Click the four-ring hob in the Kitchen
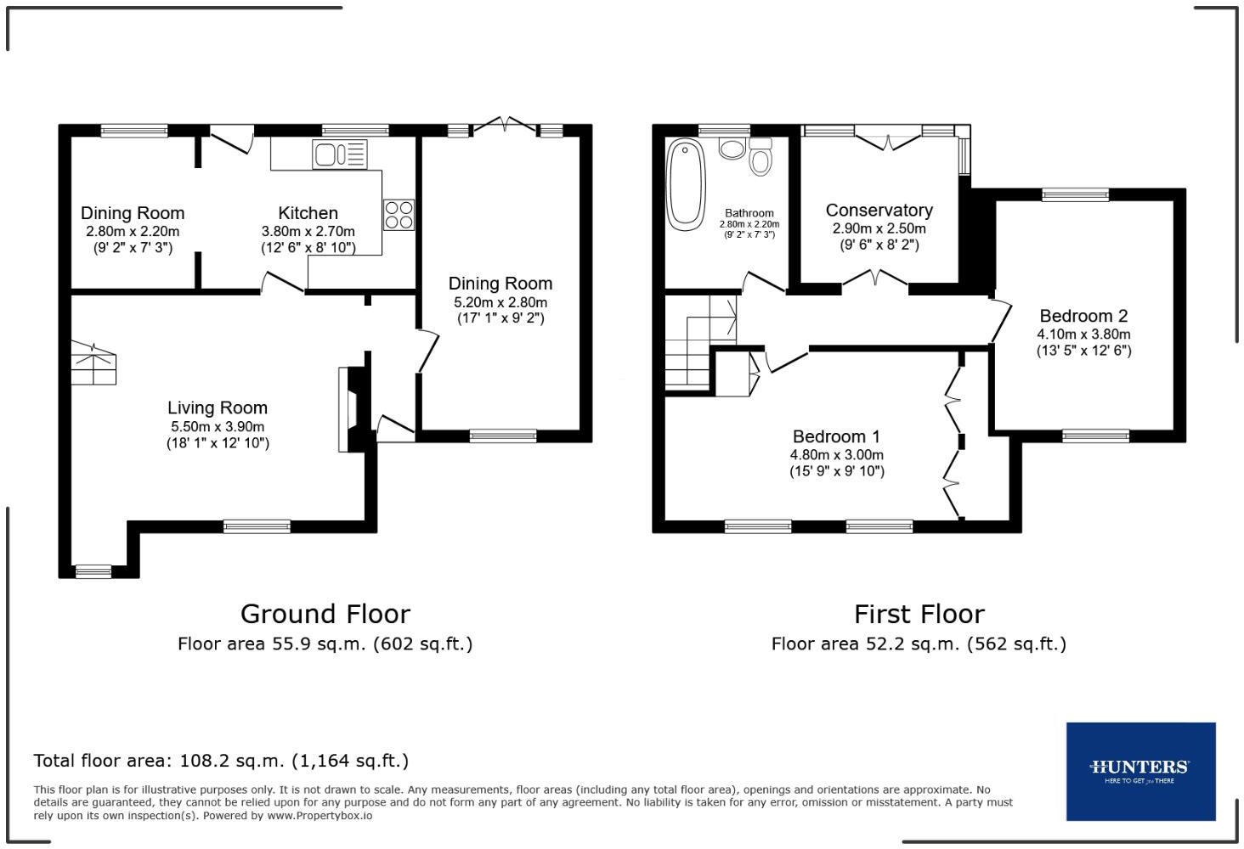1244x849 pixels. pyautogui.click(x=399, y=214)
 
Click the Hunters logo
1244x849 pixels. pyautogui.click(x=1139, y=771)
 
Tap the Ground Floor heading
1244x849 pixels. pyautogui.click(x=325, y=614)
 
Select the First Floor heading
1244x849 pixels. pyautogui.click(x=919, y=614)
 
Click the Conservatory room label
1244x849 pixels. pyautogui.click(x=879, y=210)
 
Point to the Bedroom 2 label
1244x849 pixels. pyautogui.click(x=1083, y=316)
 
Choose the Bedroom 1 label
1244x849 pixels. pyautogui.click(x=836, y=436)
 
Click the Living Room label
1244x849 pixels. pyautogui.click(x=218, y=408)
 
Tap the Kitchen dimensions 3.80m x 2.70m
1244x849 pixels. pyautogui.click(x=308, y=231)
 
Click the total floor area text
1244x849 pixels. pyautogui.click(x=221, y=761)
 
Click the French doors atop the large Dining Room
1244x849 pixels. pyautogui.click(x=506, y=127)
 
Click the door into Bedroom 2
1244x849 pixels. pyautogui.click(x=1001, y=319)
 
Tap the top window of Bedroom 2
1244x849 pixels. pyautogui.click(x=1075, y=194)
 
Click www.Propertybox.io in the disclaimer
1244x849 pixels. pyautogui.click(x=319, y=815)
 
